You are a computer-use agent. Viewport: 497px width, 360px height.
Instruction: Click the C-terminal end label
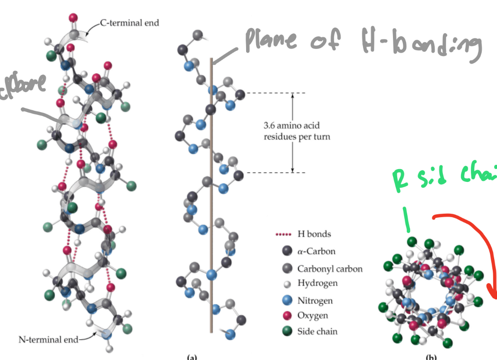coord(129,23)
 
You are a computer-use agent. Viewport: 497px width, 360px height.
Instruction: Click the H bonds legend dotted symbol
coord(283,234)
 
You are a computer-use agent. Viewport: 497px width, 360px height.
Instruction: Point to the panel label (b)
coord(431,357)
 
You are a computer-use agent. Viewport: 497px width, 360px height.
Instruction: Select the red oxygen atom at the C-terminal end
coord(73,18)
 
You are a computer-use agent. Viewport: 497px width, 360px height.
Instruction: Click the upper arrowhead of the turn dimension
coord(292,95)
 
